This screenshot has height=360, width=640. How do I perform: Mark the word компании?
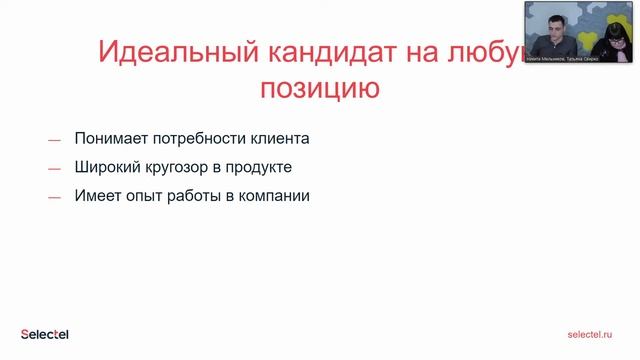click(x=275, y=196)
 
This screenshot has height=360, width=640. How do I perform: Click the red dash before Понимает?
click(x=54, y=140)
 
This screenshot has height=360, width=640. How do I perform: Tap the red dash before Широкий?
click(x=54, y=169)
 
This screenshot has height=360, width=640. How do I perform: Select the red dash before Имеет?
click(x=54, y=198)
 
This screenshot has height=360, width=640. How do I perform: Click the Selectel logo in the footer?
click(x=44, y=334)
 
